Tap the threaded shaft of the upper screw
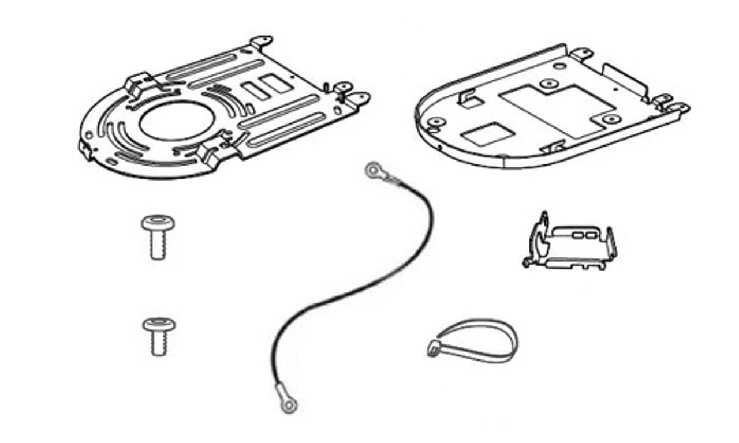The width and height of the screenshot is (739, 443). pos(158,247)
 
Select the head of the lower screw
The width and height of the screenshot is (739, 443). pos(158,324)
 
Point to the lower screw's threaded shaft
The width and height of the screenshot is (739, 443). pos(159,345)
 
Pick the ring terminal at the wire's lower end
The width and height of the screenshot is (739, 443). pos(287,405)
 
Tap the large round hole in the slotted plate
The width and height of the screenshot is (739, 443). pos(177,121)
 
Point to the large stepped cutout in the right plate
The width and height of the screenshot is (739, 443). pos(557,110)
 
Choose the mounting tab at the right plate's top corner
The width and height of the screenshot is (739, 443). pos(582,54)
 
